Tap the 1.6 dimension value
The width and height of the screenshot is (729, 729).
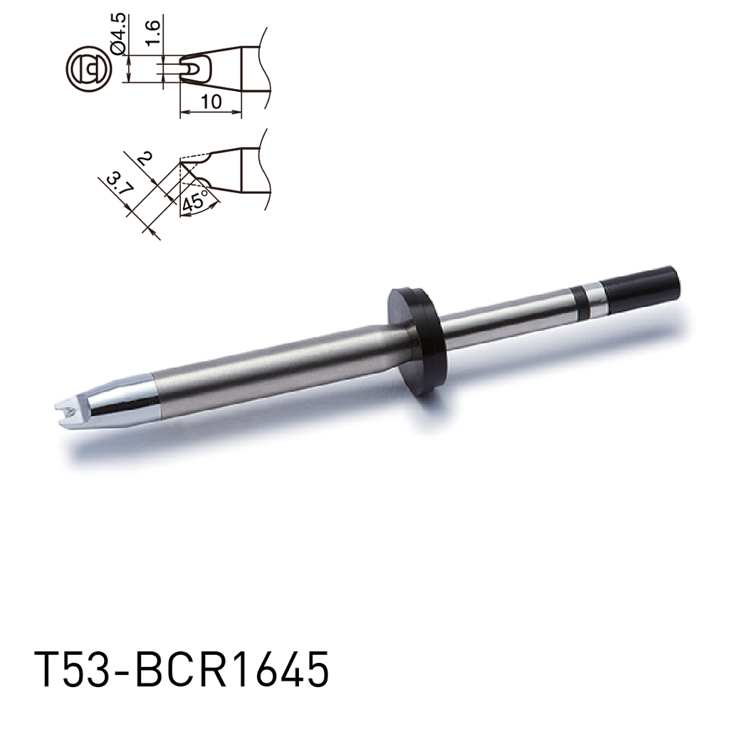153,33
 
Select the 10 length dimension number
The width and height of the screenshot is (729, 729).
211,103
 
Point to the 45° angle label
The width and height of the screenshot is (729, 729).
194,201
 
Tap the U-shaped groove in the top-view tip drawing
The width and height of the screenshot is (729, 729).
191,68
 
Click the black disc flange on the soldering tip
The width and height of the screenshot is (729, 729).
415,340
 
